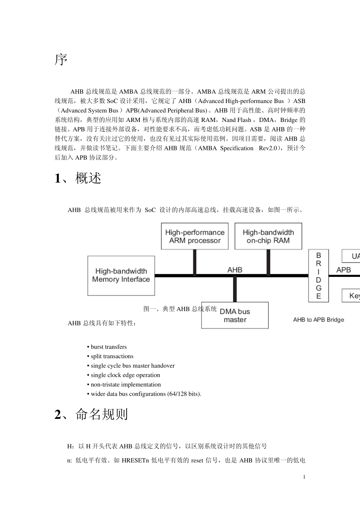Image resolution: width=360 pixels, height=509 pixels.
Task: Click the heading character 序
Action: [61, 60]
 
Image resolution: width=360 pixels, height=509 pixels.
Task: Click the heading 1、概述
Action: [78, 178]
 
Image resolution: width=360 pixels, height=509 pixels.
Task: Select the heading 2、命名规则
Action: [91, 414]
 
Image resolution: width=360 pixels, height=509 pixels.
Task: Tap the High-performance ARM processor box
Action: [195, 236]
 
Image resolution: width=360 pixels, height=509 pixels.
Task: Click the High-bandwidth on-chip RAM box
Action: [268, 236]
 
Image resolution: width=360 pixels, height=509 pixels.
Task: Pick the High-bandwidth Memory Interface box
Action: [121, 275]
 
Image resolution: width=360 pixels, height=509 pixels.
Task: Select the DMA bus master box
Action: [235, 315]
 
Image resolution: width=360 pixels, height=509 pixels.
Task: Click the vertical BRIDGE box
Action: [318, 275]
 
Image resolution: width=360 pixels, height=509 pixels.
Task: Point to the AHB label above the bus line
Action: [235, 270]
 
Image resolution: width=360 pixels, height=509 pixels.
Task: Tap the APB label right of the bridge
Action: [343, 270]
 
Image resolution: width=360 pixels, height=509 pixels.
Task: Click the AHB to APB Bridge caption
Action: [318, 320]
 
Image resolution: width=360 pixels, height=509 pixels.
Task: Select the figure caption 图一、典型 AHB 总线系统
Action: [180, 309]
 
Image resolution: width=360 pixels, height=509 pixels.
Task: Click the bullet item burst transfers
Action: [108, 347]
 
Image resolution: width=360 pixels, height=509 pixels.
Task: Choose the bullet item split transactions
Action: [112, 356]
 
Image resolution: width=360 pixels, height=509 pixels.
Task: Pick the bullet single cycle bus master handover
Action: [132, 366]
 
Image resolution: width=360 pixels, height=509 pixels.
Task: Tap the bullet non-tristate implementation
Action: [125, 385]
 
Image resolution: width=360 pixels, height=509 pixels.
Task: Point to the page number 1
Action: [304, 477]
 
